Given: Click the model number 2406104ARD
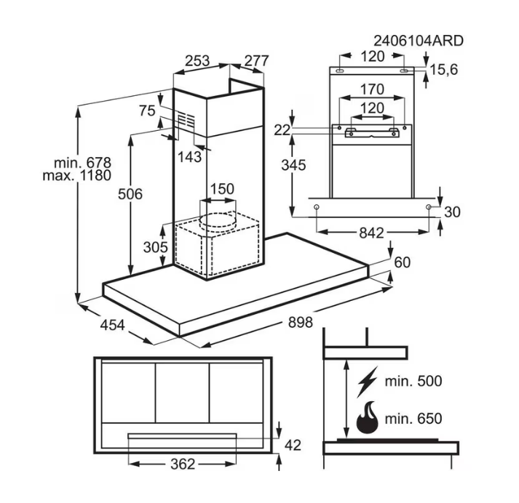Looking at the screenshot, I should [418, 41].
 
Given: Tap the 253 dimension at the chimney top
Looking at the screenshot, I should [198, 61].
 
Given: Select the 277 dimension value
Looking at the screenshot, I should [256, 61].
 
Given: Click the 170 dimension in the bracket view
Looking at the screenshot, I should [372, 90].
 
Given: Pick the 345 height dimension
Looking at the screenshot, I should [293, 165].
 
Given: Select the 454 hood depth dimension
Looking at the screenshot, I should [111, 324].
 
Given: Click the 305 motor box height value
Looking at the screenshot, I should [154, 247].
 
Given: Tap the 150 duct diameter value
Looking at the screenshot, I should [222, 189].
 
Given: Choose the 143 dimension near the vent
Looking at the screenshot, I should [190, 156].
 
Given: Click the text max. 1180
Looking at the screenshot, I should [76, 176].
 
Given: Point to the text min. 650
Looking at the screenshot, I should [413, 419].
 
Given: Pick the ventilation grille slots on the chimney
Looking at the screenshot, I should [187, 120].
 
